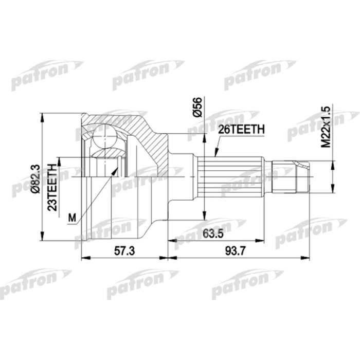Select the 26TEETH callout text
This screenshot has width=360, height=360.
click(241, 131)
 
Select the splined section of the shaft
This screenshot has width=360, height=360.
click(231, 176)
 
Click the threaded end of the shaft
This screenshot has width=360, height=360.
click(291, 176)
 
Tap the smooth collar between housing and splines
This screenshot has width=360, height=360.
click(183, 176)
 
